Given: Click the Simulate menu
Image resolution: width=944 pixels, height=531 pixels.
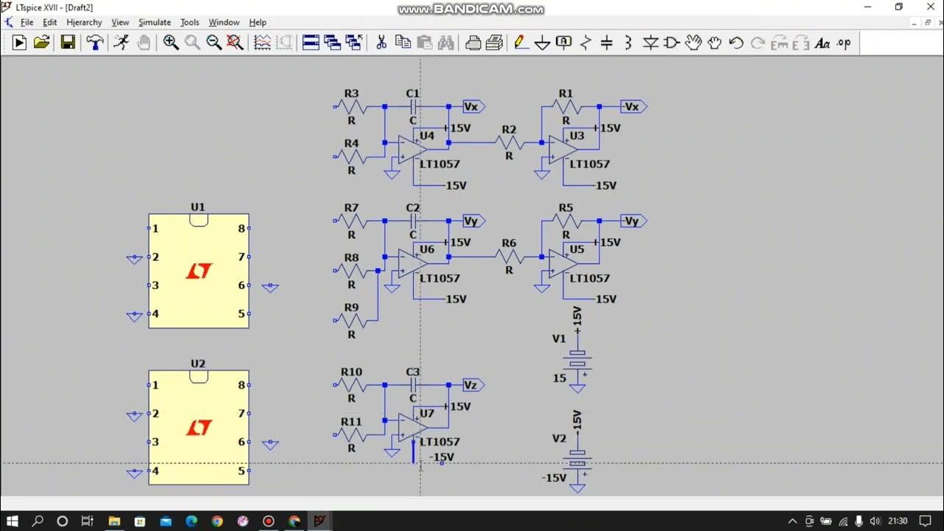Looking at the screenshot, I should click(154, 22).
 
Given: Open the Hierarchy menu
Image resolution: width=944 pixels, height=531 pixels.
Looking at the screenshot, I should click(84, 22).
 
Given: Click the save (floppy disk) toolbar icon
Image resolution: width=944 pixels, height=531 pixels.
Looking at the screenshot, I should click(68, 43).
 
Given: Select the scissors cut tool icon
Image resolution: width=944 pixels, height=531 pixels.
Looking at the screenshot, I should click(381, 43).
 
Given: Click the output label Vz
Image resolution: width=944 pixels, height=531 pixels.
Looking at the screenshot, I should click(471, 385).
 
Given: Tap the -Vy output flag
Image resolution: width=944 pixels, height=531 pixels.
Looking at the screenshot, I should click(632, 221).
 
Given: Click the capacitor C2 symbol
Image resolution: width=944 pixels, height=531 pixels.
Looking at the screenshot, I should click(413, 221).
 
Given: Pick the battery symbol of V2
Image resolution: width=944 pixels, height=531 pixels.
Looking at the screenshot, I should click(578, 459).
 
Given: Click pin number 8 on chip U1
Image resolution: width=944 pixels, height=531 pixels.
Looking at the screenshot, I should click(241, 229).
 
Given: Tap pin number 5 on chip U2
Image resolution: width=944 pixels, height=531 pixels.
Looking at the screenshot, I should click(241, 471).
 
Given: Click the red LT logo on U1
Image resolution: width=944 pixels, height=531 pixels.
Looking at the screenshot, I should click(198, 271).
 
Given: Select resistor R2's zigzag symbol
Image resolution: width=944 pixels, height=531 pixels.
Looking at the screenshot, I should click(509, 142).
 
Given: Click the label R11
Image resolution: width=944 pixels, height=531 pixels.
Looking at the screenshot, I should click(351, 422).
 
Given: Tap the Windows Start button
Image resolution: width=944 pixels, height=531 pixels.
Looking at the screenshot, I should click(13, 521).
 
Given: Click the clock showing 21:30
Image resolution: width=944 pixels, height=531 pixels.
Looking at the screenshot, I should click(898, 521).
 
